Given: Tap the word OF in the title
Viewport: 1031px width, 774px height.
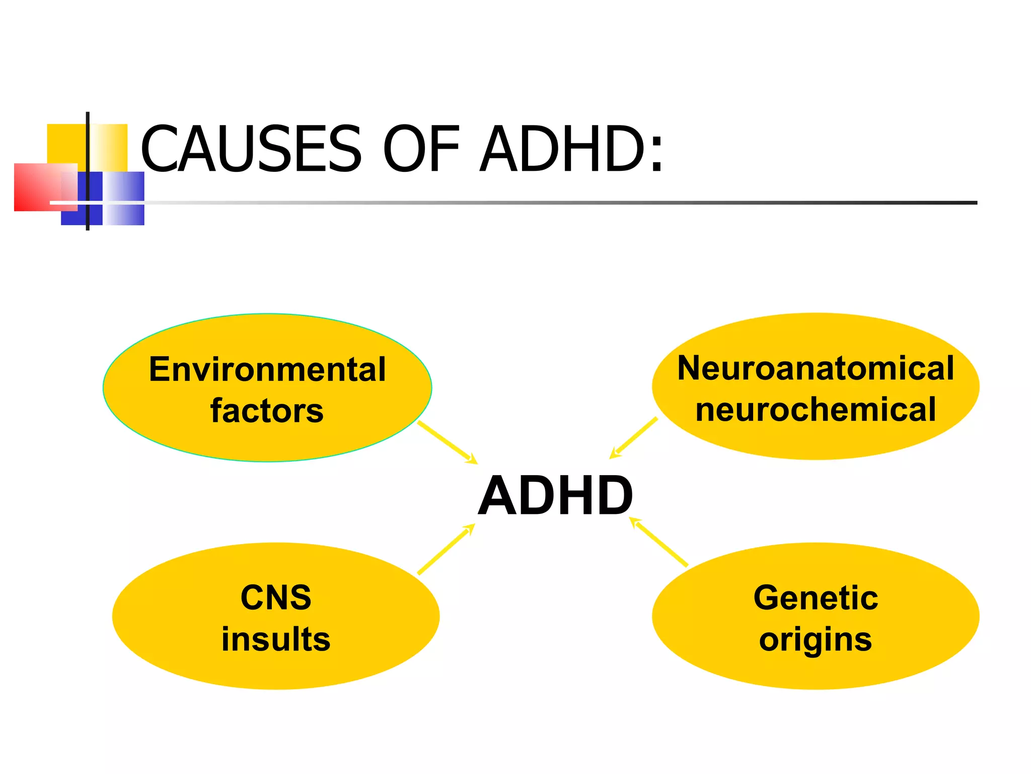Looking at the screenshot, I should click(422, 149).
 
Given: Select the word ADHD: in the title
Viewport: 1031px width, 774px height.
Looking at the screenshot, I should click(571, 149).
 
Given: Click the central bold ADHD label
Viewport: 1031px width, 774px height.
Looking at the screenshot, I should click(555, 496).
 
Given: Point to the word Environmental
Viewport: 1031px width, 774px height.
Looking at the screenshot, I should click(267, 369).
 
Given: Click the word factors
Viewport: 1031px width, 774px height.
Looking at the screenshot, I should click(267, 411).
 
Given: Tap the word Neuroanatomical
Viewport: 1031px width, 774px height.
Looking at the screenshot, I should click(816, 368).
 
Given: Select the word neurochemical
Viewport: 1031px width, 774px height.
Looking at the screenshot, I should click(816, 409).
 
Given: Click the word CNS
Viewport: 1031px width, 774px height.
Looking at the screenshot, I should click(276, 598).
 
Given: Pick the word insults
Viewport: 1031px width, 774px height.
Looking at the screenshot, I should click(276, 639).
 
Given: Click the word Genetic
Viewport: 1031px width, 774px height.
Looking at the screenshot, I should click(816, 598).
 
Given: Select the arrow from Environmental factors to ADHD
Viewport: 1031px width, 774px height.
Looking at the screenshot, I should click(447, 442).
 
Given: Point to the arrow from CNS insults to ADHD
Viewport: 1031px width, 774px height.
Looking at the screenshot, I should click(446, 549).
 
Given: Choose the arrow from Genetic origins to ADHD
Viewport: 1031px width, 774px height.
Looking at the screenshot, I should click(659, 542).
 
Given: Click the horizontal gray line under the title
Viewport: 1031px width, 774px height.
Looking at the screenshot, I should click(554, 203).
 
